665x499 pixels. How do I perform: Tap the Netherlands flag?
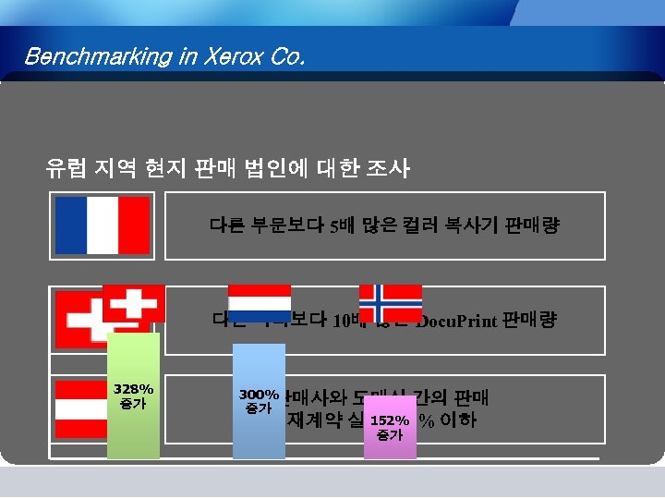(x=259, y=303)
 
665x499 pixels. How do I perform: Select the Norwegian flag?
(x=390, y=303)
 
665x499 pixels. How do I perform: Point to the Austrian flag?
(x=81, y=408)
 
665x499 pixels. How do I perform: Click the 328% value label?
(x=133, y=389)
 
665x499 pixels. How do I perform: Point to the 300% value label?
(x=259, y=394)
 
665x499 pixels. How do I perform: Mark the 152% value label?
(x=390, y=420)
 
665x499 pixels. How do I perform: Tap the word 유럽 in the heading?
(x=67, y=168)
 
